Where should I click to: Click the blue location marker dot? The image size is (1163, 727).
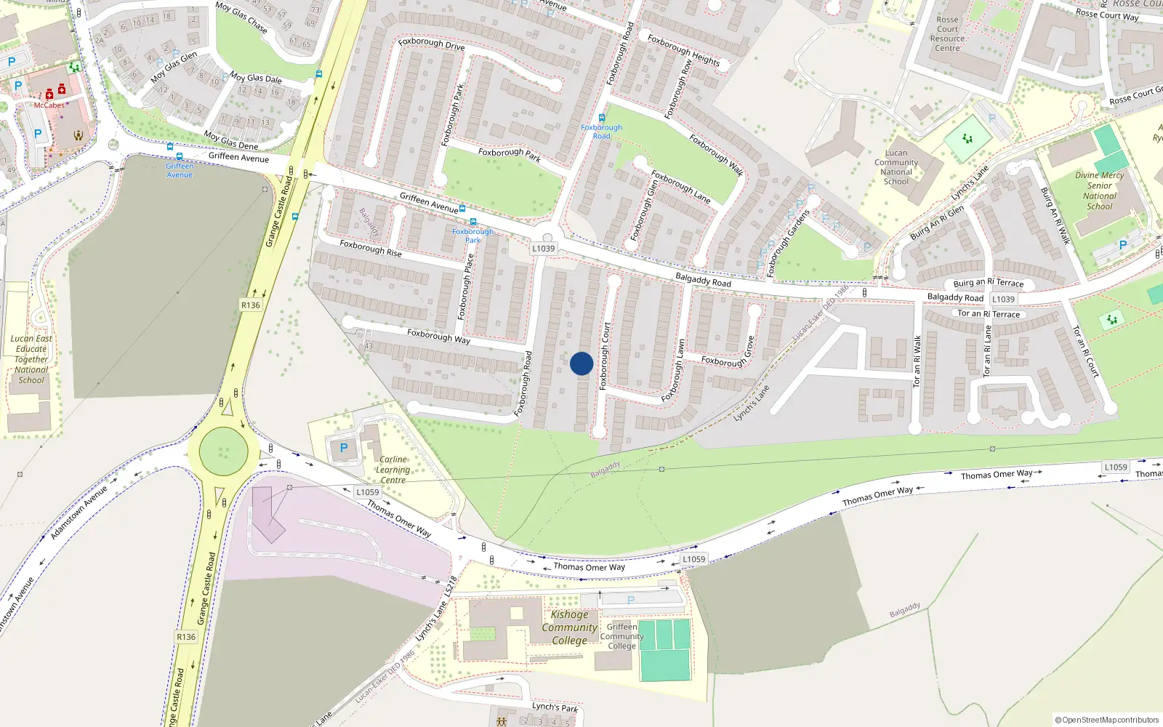[x=581, y=363]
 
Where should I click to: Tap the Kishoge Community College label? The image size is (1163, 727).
[x=569, y=627]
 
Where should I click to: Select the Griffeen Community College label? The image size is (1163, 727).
[x=621, y=636]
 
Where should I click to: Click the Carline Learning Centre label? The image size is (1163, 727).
[x=393, y=470]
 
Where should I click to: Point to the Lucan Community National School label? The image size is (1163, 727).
[x=896, y=167]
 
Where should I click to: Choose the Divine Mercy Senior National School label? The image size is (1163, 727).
[x=1099, y=190]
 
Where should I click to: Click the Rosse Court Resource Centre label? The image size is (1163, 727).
[x=947, y=34]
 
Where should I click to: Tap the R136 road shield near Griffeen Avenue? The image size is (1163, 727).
[x=251, y=305]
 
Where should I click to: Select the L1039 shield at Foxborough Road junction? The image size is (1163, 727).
[x=543, y=249]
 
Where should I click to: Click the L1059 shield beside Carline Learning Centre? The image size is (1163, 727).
[x=367, y=492]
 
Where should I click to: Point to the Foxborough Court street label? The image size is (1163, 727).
[x=604, y=356]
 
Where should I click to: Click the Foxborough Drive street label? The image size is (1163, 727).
[x=431, y=44]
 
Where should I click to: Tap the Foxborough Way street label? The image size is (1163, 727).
[x=438, y=336]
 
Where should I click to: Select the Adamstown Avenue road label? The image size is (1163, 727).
[x=79, y=513]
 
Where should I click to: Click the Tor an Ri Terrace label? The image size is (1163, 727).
[x=989, y=314]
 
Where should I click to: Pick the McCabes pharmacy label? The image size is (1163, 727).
[x=49, y=105]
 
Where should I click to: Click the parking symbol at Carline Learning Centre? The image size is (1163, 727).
[x=344, y=448]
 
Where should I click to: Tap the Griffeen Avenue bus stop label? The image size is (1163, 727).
[x=180, y=170]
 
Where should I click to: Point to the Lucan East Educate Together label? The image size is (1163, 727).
[x=31, y=359]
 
